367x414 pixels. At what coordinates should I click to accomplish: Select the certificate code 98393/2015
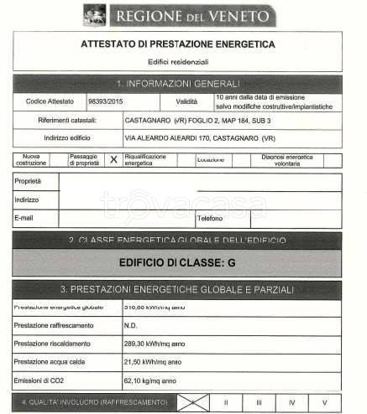[x=104, y=101]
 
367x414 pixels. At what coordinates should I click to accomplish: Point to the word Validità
[x=186, y=101]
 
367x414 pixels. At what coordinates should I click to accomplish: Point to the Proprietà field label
[x=28, y=181]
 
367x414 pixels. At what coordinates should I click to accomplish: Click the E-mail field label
[x=25, y=218]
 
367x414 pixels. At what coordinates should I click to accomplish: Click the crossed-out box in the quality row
[x=192, y=402]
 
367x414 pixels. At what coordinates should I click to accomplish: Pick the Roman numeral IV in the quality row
[x=291, y=403]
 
